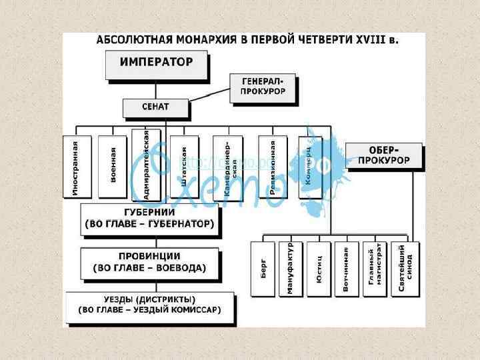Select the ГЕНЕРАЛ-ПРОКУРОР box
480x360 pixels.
point(262,86)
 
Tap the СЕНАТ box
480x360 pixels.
point(155,107)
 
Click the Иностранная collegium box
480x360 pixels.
point(75,167)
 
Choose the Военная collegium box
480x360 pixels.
point(112,167)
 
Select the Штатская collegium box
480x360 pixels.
point(183,167)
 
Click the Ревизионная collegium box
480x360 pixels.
point(273,167)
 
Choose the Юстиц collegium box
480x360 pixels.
point(319,270)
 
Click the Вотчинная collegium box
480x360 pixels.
point(346,270)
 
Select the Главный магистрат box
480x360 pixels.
point(374,270)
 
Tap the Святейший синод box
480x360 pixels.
point(405,270)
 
